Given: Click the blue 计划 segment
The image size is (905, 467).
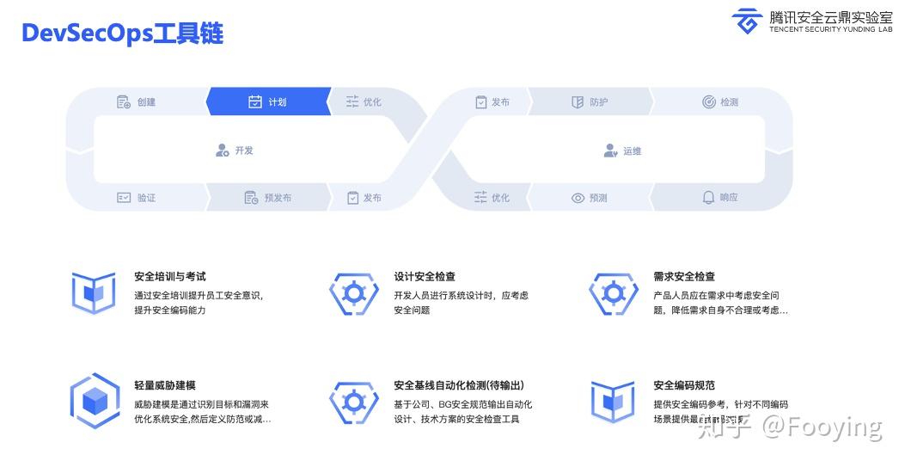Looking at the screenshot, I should tap(268, 101).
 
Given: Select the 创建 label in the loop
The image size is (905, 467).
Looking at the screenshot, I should tap(146, 102).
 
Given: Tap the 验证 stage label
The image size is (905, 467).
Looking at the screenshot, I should tap(146, 198).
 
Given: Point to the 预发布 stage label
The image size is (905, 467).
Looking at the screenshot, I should tap(278, 198).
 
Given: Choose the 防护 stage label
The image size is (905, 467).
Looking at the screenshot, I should tap(598, 102).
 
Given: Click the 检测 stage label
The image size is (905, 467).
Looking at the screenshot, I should tap(729, 102).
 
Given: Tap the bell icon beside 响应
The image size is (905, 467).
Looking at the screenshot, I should tap(708, 197).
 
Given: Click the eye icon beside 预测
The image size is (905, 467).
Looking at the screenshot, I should tap(578, 198).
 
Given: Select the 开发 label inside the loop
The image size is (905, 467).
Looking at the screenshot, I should tap(244, 151).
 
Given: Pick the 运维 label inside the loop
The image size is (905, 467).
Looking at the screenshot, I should tap(633, 151).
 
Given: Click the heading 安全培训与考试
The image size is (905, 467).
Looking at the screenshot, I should tap(170, 277).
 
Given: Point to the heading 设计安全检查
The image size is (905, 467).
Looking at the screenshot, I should tap(425, 277).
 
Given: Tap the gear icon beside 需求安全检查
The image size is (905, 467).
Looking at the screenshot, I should tap(613, 293).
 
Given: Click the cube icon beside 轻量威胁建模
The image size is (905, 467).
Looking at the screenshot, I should tap(94, 401).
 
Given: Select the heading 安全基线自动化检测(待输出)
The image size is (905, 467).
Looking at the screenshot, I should tap(459, 385).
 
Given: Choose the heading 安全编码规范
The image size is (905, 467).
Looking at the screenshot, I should tap(684, 385).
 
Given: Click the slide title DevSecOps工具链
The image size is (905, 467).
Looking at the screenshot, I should tap(122, 34).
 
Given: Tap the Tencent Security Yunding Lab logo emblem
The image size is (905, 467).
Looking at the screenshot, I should tap(747, 22).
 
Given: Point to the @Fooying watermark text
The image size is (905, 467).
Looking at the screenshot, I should tap(822, 427).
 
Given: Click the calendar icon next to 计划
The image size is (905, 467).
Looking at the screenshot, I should tap(254, 101).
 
